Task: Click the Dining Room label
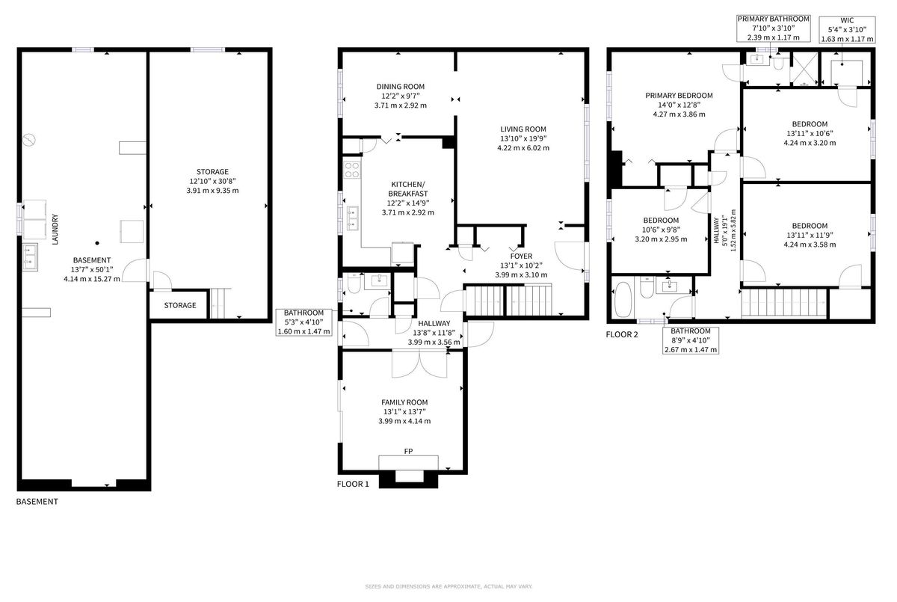(x=401, y=87)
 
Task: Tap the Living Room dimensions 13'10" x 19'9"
(x=523, y=138)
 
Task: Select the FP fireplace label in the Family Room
(x=408, y=452)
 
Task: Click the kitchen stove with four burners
(x=352, y=170)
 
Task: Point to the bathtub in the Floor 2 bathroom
(x=623, y=300)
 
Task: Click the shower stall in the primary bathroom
(x=804, y=69)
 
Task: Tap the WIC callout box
(x=847, y=30)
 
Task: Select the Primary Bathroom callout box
(x=773, y=28)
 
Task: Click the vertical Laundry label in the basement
(x=55, y=229)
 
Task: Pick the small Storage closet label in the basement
(x=180, y=305)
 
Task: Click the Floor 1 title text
(x=353, y=484)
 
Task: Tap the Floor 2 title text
(x=622, y=334)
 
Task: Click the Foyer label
(x=521, y=256)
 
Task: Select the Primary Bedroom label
(x=679, y=95)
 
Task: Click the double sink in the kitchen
(x=352, y=218)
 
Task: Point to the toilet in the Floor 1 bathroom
(x=354, y=283)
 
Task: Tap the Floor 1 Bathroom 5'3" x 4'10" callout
(x=304, y=322)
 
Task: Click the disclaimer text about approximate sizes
(x=449, y=586)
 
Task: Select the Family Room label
(x=404, y=402)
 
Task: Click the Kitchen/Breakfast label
(x=407, y=189)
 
